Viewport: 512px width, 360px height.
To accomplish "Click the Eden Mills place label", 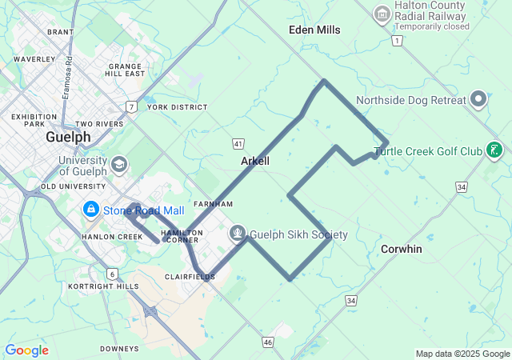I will tap(314, 30).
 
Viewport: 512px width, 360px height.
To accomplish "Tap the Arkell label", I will tap(255, 161).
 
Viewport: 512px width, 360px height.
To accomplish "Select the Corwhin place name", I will tap(401, 249).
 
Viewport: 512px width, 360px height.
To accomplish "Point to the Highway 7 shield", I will tap(130, 106).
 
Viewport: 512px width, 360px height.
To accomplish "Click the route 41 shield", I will tap(238, 143).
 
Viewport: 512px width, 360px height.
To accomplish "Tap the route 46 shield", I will tap(267, 342).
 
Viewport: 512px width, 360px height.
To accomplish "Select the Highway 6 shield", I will tap(112, 274).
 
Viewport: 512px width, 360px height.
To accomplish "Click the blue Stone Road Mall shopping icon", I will tap(90, 210).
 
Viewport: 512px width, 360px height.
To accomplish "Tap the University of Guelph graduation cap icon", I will tap(119, 165).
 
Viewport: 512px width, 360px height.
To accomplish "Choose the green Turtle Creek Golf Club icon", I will tap(495, 150).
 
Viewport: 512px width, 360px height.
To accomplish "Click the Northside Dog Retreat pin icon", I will tap(478, 100).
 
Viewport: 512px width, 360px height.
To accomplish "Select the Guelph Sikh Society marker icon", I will tap(238, 234).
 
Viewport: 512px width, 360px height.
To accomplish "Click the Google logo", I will tap(26, 350).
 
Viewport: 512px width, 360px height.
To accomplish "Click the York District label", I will tap(177, 107).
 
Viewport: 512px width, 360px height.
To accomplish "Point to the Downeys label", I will tap(120, 349).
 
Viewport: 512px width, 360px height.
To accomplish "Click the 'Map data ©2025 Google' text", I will tap(462, 354).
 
